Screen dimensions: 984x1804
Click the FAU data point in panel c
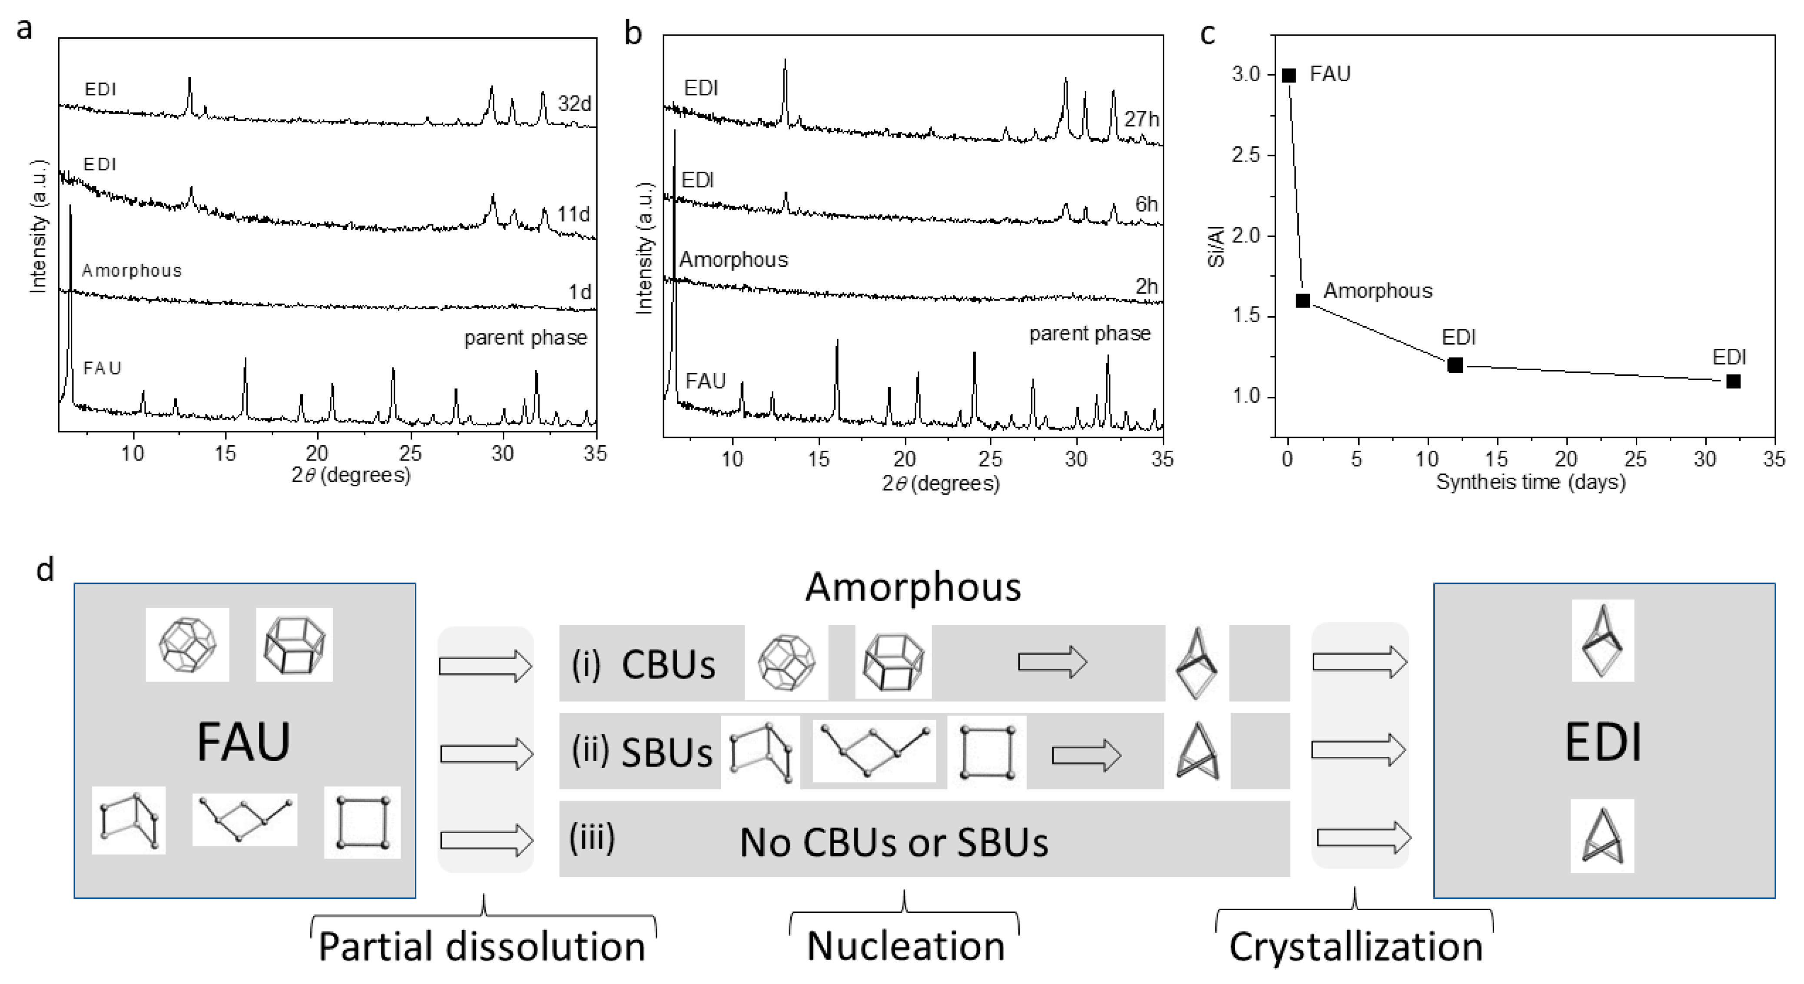(x=1289, y=75)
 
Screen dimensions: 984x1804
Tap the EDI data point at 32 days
(x=1733, y=381)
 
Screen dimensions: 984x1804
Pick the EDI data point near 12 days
(x=1455, y=365)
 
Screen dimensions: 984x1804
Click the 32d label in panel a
(x=574, y=104)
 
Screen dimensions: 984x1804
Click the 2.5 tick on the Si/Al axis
(x=1246, y=155)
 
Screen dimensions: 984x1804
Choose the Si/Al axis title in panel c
(x=1217, y=246)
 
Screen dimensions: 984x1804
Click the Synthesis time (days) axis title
(x=1530, y=482)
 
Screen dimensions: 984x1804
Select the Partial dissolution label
(x=482, y=947)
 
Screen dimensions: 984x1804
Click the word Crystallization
(x=1356, y=947)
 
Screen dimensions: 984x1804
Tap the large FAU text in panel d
(x=244, y=742)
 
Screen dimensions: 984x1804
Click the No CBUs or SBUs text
(x=894, y=842)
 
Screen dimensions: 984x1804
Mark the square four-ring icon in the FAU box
(x=362, y=822)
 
